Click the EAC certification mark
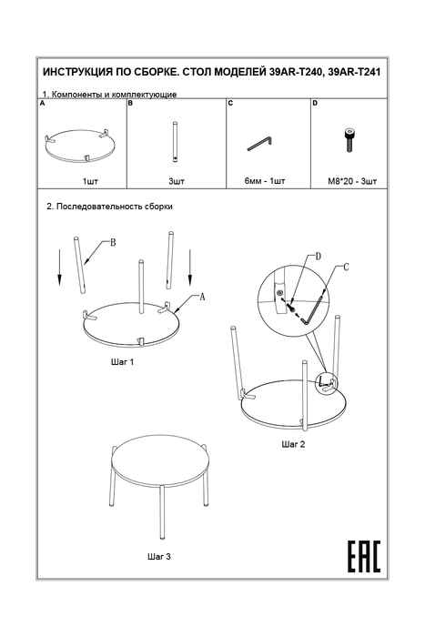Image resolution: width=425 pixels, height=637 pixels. pos(364,556)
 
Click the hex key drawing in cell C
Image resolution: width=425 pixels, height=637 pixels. pos(260,143)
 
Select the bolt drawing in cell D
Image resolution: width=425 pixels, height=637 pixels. pos(349,140)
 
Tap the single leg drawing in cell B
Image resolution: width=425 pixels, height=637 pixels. pos(175,142)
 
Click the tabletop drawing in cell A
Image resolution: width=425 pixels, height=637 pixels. pos(81,145)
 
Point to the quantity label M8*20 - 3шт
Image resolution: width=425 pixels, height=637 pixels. pos(352,181)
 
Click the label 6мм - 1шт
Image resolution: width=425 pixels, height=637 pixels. pos(265,180)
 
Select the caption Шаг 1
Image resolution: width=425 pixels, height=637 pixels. pos(122,361)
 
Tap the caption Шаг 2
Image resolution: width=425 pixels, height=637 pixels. pos(293,444)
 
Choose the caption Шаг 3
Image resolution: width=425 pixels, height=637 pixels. pos(158,556)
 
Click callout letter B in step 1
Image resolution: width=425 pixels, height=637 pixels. pos(113,243)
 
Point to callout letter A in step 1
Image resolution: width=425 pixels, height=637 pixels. pos(202,297)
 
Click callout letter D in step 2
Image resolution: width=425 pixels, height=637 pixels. pos(319,256)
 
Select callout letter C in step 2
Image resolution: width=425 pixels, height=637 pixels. pos(346,267)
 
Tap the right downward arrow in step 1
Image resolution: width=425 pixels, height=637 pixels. pos(189,268)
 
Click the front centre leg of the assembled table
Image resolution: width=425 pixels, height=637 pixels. pos(162,511)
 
